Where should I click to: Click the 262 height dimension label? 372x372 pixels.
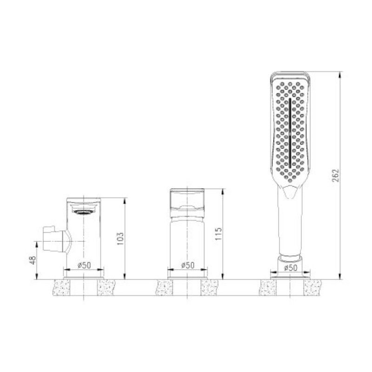pos(335,176)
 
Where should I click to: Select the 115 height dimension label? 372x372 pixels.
pos(219,234)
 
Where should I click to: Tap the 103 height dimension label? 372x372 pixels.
pos(120,239)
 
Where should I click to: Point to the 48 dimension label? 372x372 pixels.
pos(33,260)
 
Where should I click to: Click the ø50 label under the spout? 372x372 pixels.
pos(84,265)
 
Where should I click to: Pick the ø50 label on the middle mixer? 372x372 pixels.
pos(188,265)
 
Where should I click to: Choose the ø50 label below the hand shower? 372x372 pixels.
pos(291,268)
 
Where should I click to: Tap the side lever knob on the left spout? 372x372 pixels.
pos(56,239)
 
